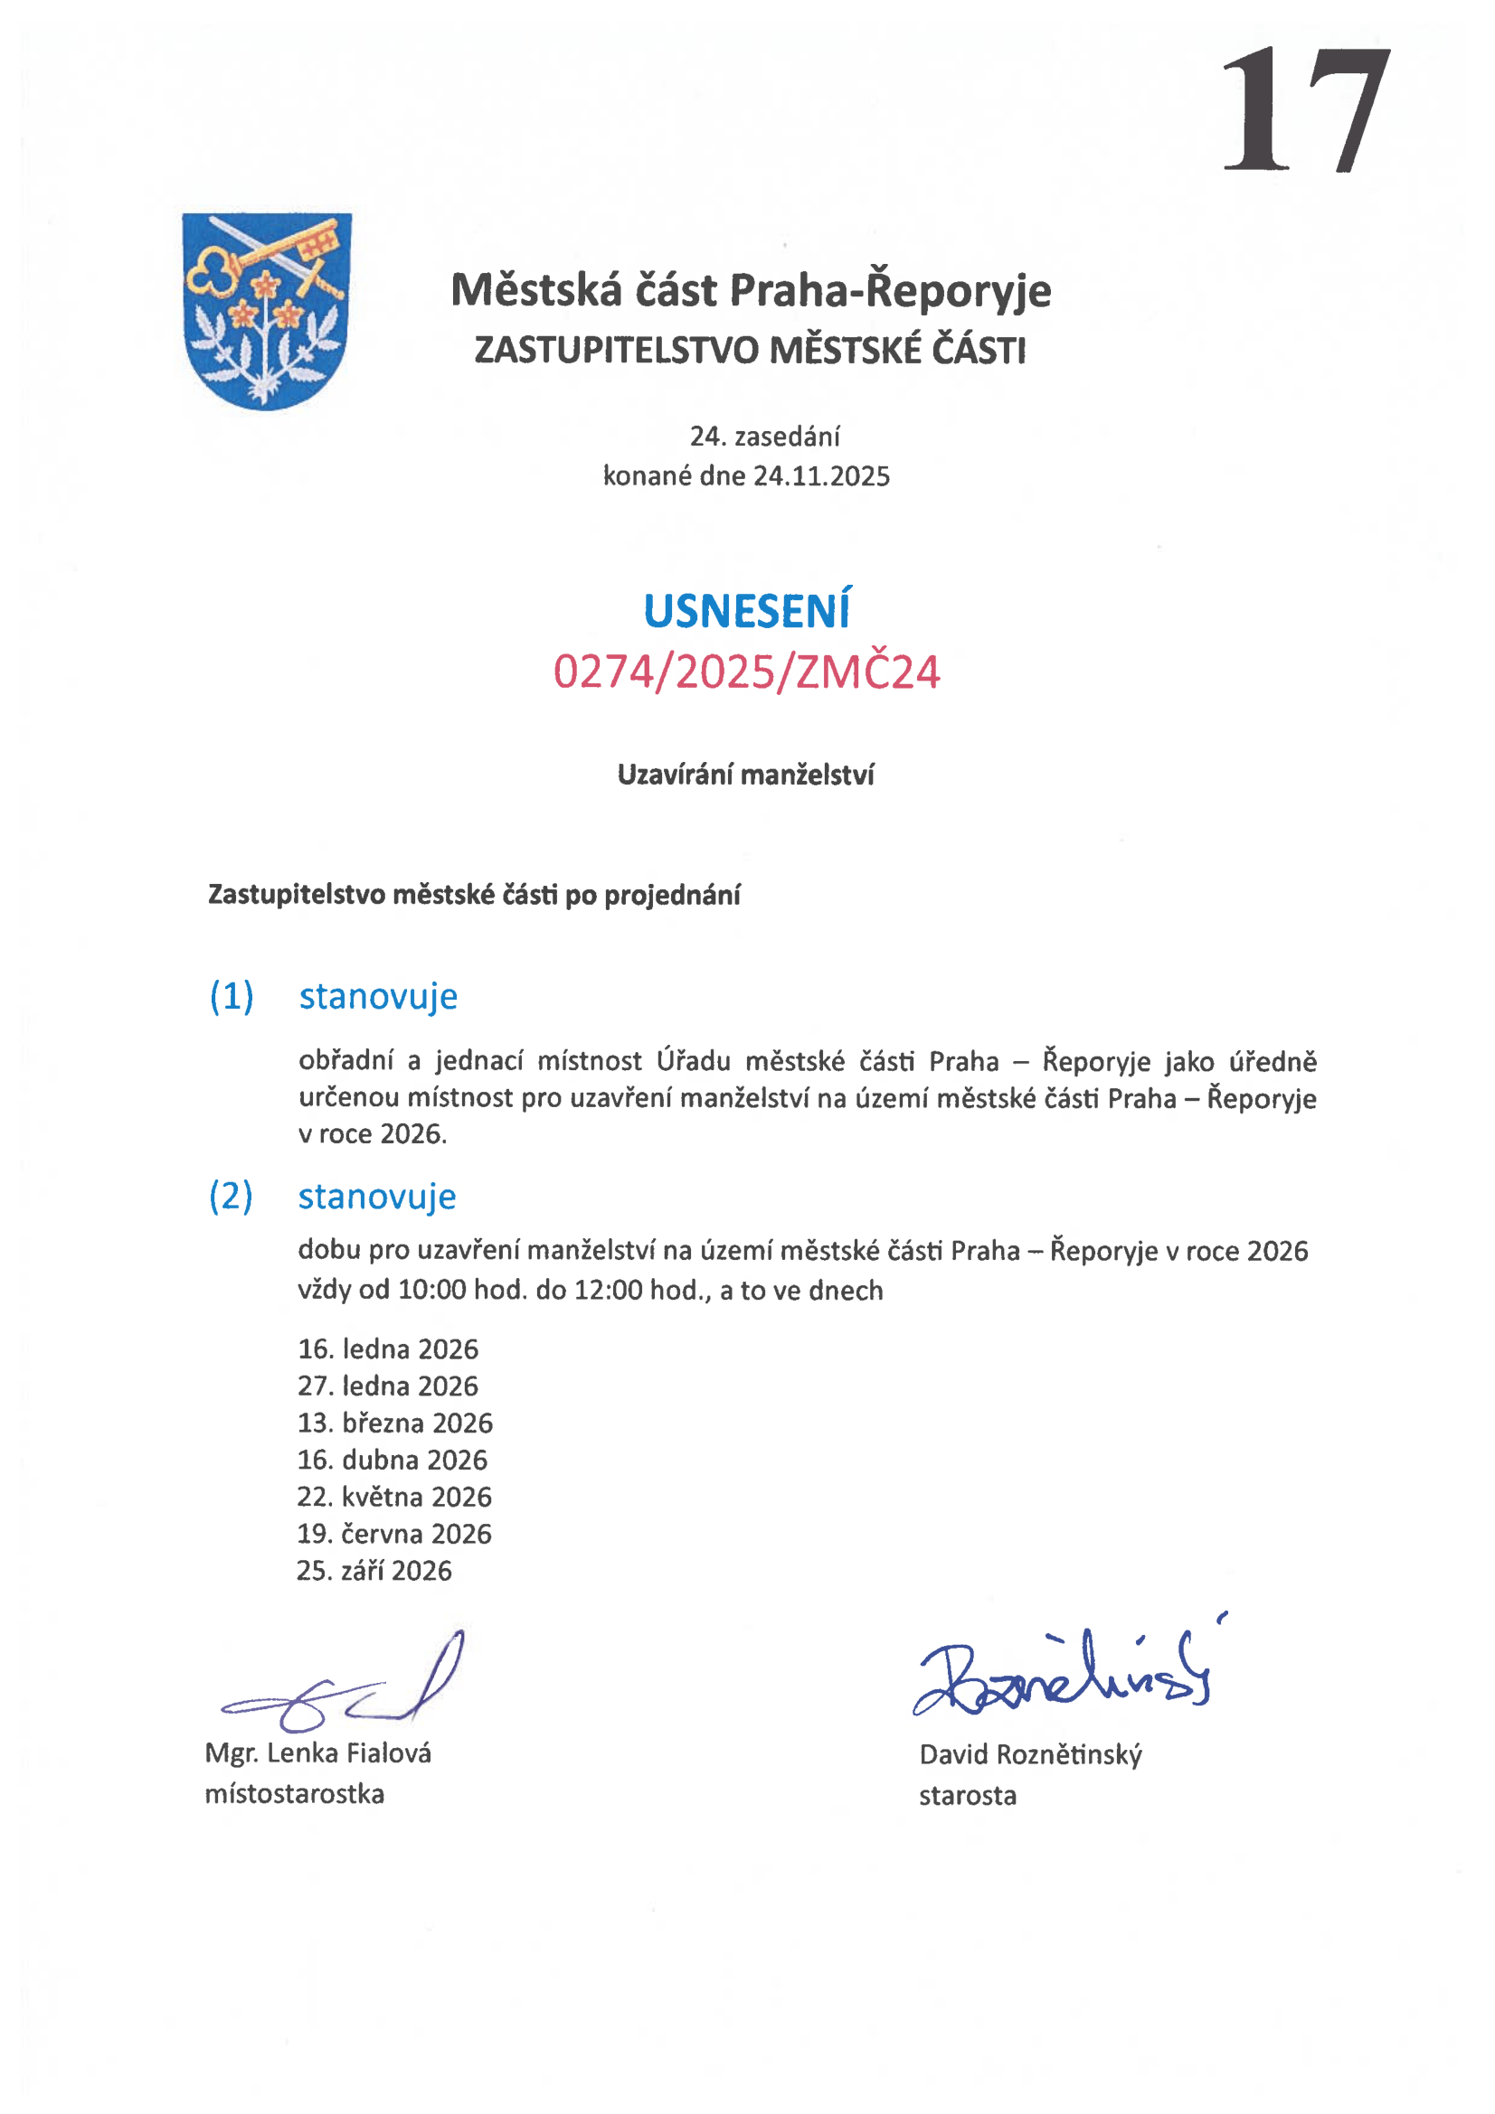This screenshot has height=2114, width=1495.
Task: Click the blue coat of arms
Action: click(x=266, y=310)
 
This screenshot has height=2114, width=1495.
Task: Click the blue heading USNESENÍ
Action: click(x=746, y=612)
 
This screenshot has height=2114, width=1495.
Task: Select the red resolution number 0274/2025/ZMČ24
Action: click(x=746, y=672)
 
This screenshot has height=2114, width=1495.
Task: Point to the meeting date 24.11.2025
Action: click(x=821, y=476)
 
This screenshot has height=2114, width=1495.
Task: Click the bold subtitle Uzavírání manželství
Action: click(x=745, y=775)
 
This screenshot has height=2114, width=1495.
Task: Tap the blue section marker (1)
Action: click(x=232, y=996)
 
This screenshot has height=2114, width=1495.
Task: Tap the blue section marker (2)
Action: click(x=231, y=1196)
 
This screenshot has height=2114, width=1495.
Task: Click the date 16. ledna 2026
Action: click(x=388, y=1348)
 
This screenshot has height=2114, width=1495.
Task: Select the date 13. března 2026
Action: click(x=394, y=1423)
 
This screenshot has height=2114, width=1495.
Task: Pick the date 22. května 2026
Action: click(x=394, y=1496)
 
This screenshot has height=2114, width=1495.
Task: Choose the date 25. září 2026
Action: click(x=374, y=1571)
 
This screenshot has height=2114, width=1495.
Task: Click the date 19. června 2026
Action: click(x=394, y=1534)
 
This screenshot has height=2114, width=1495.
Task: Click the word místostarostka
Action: click(x=295, y=1793)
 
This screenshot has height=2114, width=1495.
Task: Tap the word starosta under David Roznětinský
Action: click(x=967, y=1796)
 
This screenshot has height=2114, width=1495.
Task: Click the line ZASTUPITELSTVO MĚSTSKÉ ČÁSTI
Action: click(x=750, y=351)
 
